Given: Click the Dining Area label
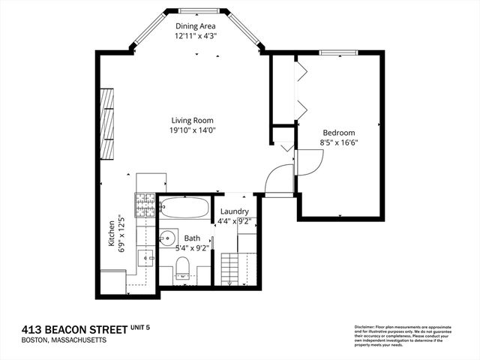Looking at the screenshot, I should (x=196, y=25).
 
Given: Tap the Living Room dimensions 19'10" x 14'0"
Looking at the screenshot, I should (x=193, y=130).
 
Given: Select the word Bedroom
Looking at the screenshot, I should (x=339, y=132).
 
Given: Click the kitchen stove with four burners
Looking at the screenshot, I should (x=144, y=203).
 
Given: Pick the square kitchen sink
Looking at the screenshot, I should (x=145, y=260).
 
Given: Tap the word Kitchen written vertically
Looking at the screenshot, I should (x=110, y=235).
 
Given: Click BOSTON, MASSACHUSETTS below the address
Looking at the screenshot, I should (x=64, y=340).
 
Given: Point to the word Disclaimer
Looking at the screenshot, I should (x=364, y=326).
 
